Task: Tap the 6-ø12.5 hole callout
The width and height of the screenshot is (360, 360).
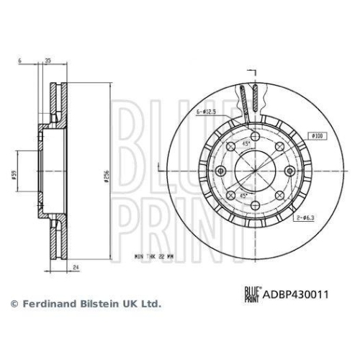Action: click(209, 112)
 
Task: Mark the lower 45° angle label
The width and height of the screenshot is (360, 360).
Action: click(245, 196)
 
